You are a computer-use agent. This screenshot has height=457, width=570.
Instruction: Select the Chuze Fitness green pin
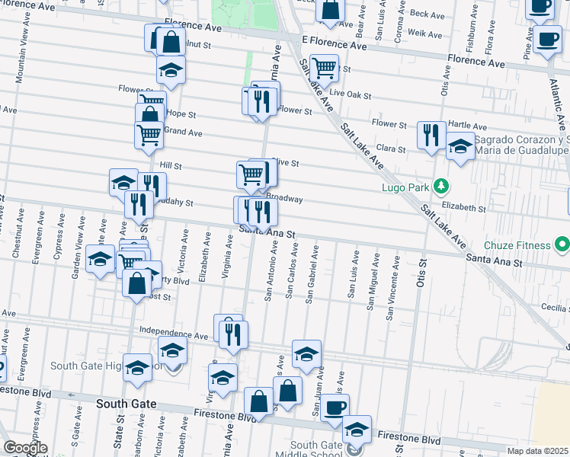562,245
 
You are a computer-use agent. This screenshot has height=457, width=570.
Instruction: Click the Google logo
25,447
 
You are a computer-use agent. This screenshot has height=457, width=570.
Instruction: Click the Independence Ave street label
174,334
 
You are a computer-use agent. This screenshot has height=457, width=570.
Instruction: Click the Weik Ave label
424,34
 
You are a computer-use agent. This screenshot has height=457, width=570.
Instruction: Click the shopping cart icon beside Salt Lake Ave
325,68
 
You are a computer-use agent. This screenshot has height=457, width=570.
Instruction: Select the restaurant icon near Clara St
431,135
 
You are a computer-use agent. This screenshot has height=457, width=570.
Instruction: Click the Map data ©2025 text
538,451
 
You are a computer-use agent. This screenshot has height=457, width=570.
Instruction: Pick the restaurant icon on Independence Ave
233,332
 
